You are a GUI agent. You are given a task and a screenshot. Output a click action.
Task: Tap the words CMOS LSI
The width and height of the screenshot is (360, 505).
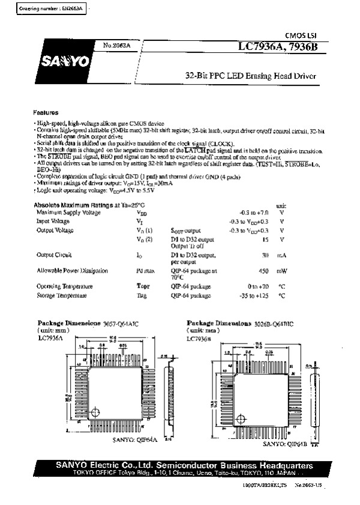click(x=296, y=36)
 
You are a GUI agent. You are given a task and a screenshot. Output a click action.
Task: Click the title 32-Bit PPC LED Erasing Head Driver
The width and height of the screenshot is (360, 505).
click(x=250, y=76)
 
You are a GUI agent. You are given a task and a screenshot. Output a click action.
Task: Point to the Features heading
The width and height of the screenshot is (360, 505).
click(x=46, y=113)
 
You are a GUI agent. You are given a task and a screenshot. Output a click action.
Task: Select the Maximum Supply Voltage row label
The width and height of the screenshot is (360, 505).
click(x=69, y=213)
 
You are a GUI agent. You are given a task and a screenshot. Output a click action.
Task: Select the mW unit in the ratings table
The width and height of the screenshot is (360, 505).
click(x=281, y=271)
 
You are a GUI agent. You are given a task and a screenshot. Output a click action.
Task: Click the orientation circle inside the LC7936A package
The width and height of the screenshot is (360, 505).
click(x=95, y=411)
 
